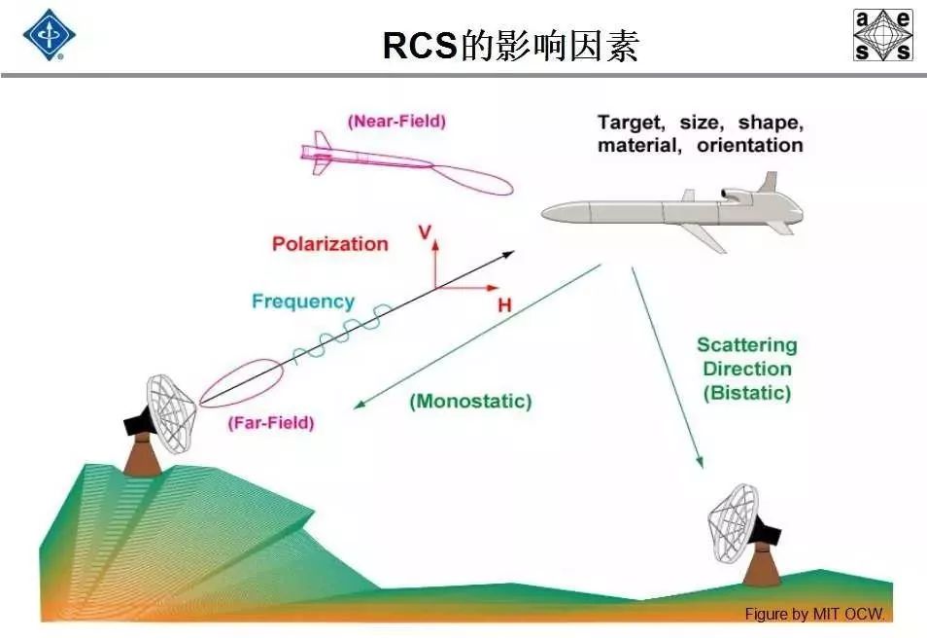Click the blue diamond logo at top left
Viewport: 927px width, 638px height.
pyautogui.click(x=49, y=35)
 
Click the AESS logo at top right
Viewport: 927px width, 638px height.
pyautogui.click(x=882, y=35)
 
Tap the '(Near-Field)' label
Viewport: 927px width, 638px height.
pyautogui.click(x=396, y=122)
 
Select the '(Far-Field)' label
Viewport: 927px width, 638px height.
pyautogui.click(x=271, y=423)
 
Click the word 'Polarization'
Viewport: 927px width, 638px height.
pyautogui.click(x=329, y=244)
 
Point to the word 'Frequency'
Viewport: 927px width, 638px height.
pyautogui.click(x=303, y=301)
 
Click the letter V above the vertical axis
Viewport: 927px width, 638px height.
pyautogui.click(x=424, y=231)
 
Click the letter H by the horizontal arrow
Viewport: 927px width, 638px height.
pyautogui.click(x=504, y=305)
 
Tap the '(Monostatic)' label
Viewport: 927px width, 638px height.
pyautogui.click(x=470, y=401)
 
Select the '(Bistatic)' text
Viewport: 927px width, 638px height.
pyautogui.click(x=746, y=393)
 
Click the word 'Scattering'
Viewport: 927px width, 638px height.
pyautogui.click(x=746, y=345)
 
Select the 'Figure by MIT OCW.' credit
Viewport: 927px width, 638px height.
pyautogui.click(x=815, y=614)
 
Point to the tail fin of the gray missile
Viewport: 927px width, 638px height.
pyautogui.click(x=769, y=183)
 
